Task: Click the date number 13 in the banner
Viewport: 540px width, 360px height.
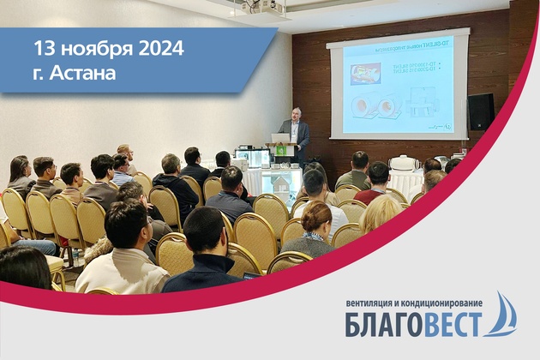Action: (45, 48)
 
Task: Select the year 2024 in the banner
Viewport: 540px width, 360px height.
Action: (159, 48)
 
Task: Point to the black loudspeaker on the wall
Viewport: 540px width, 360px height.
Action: (481, 111)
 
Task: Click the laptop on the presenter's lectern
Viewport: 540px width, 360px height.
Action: (280, 137)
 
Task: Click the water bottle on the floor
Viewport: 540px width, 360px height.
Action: (75, 256)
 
